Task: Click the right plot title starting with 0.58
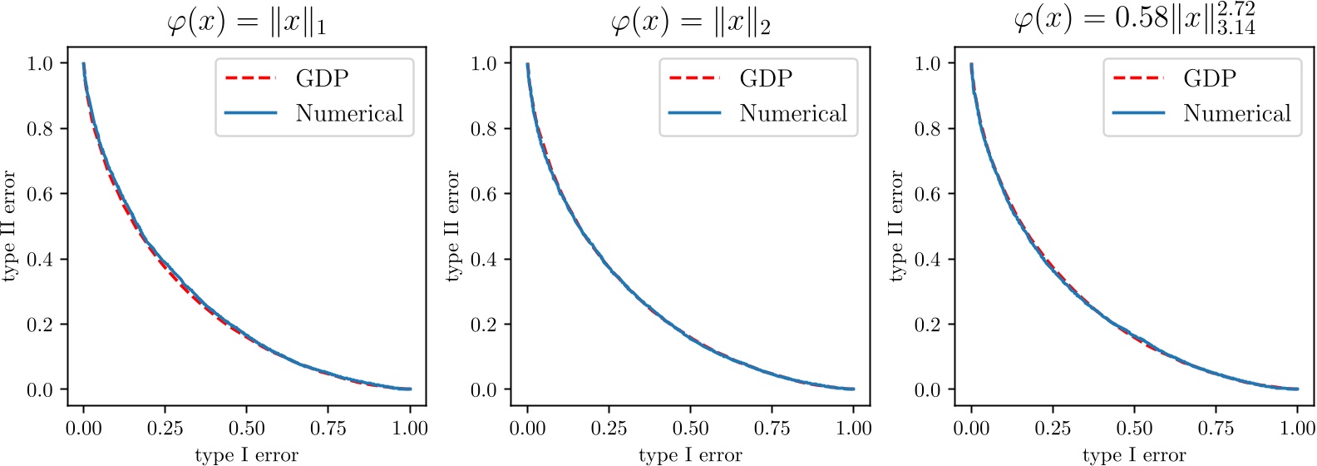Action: pos(1134,19)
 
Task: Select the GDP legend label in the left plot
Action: pos(322,78)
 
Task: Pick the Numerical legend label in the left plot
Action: pos(349,113)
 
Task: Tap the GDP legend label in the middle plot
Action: pos(766,78)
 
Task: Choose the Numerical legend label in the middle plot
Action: pos(793,113)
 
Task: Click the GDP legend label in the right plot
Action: pos(1210,78)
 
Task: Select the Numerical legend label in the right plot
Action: pos(1237,113)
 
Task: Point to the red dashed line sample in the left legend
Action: pos(250,78)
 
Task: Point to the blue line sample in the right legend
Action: pos(1138,113)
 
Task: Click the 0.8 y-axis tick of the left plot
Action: pos(40,129)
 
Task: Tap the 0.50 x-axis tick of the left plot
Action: pos(246,429)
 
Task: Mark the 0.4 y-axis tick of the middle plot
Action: pos(484,260)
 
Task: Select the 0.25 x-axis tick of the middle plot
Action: pos(609,429)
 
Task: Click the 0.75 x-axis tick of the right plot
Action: pos(1216,429)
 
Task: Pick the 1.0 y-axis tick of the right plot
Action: pos(928,63)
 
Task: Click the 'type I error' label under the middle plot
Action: pos(690,455)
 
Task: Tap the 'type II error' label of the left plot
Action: pos(10,226)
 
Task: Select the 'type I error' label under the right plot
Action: pos(1134,455)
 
